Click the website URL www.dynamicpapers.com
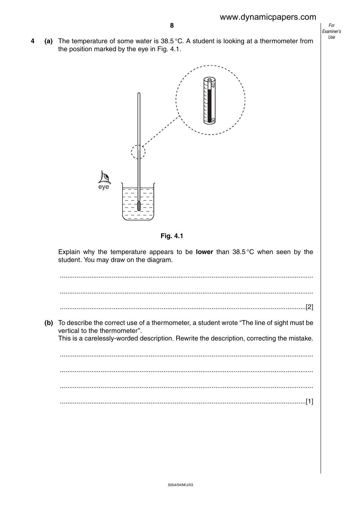(x=268, y=17)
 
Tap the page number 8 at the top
(x=172, y=26)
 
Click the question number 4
(x=33, y=41)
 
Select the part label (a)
(x=49, y=41)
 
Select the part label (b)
(x=49, y=323)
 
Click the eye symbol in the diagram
(x=104, y=177)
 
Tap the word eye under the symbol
(x=103, y=187)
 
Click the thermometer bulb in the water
(x=139, y=206)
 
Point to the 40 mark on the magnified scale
(x=213, y=85)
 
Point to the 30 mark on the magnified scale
(x=213, y=120)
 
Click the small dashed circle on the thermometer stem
(x=138, y=152)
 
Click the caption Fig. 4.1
(x=172, y=236)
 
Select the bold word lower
(x=204, y=252)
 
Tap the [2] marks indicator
(x=309, y=307)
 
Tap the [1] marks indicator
(x=309, y=401)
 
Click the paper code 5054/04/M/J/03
(x=180, y=485)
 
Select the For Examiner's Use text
(x=332, y=31)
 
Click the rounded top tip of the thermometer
(x=139, y=94)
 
